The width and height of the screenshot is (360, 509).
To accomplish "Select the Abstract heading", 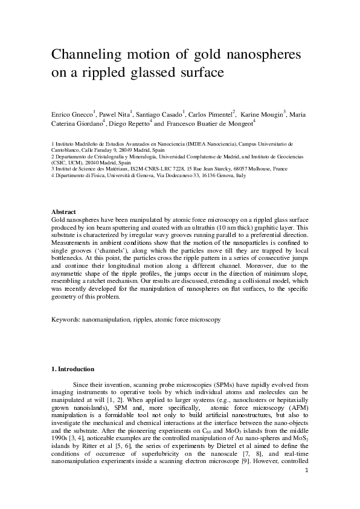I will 63,212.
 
